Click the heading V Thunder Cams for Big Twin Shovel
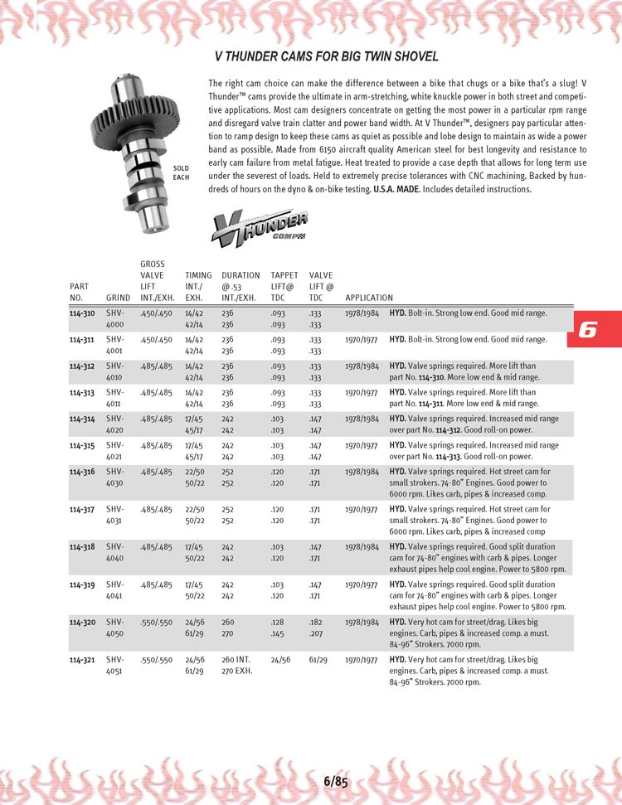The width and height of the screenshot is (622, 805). [x=326, y=57]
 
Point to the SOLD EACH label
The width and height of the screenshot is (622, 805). [x=181, y=172]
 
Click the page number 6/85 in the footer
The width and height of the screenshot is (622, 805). [x=336, y=780]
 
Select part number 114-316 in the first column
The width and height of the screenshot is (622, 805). [x=82, y=471]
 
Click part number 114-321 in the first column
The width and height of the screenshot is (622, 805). [x=82, y=660]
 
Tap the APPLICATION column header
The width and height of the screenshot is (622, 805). [x=369, y=298]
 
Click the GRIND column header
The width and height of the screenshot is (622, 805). [x=118, y=298]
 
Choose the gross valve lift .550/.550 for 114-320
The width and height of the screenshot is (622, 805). [x=157, y=622]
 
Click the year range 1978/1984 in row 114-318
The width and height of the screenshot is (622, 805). [x=362, y=547]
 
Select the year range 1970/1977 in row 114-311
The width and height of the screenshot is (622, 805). [x=362, y=339]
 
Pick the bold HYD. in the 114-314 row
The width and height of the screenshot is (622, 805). [x=397, y=419]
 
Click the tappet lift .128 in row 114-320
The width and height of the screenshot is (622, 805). [x=278, y=622]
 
